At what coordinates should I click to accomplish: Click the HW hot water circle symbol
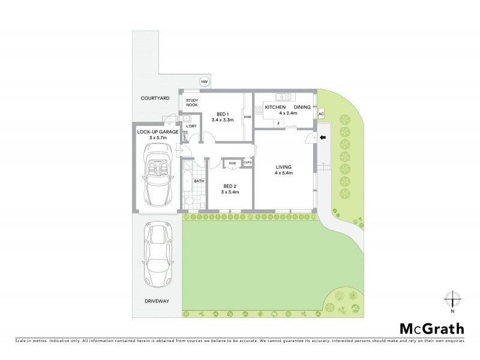[205, 82]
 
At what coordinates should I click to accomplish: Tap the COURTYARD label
[154, 98]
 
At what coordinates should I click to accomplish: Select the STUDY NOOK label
[191, 103]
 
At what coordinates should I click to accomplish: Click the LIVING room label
[283, 167]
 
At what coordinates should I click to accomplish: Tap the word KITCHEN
[275, 107]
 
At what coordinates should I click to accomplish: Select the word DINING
[302, 107]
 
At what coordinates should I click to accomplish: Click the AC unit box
[321, 114]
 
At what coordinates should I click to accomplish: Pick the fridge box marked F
[279, 124]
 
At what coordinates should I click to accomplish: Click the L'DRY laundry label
[191, 126]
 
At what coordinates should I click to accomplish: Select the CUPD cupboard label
[247, 163]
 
